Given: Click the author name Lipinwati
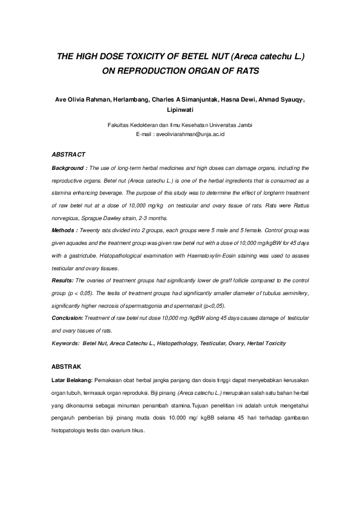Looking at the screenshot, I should pos(180,111).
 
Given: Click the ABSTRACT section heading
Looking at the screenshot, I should pos(68,155).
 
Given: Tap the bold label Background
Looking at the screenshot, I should pos(69,167).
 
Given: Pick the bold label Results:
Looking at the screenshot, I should pos(62,280).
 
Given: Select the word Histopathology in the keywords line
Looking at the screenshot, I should pos(178,343).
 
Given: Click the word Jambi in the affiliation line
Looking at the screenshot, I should pos(244,125).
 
